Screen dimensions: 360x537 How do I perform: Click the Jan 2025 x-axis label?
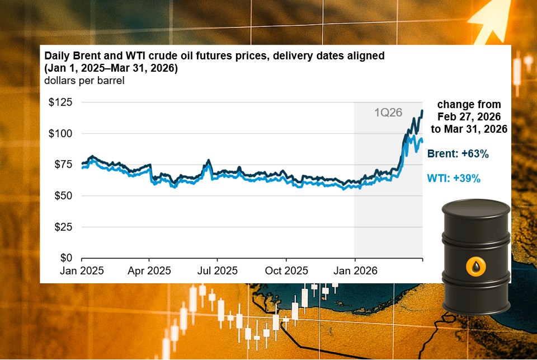(x=82, y=270)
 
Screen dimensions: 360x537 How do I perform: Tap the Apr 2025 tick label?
(x=149, y=270)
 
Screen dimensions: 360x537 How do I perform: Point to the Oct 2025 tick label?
(x=286, y=270)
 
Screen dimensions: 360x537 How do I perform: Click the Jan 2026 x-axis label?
(x=355, y=270)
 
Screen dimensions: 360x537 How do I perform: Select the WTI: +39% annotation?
(x=454, y=179)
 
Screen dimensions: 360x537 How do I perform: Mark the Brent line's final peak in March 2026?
(x=422, y=111)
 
